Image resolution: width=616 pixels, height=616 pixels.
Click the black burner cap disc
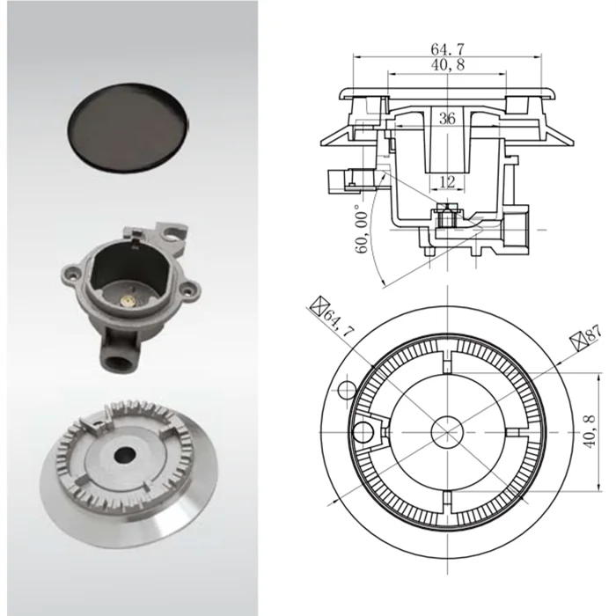click(x=131, y=126)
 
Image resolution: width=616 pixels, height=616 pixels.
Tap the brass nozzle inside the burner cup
click(x=128, y=300)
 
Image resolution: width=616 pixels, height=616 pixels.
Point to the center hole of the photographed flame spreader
click(x=125, y=456)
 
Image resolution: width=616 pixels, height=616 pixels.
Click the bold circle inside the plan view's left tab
click(x=363, y=429)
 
